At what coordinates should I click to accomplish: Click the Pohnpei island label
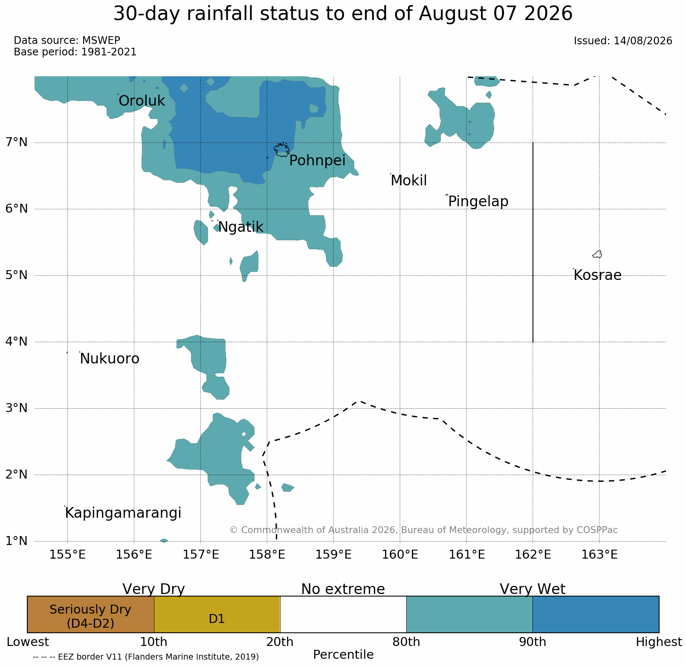(x=317, y=161)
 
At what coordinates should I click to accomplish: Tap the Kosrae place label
(x=597, y=275)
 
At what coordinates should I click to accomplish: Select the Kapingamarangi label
(x=123, y=513)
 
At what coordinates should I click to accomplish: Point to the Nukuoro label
(x=110, y=359)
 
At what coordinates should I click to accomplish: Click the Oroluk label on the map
(x=142, y=101)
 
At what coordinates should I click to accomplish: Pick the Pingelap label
(x=478, y=202)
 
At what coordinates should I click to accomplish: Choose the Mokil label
(x=408, y=181)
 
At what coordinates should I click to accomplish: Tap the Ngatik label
(x=240, y=228)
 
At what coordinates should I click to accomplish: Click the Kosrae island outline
(x=597, y=254)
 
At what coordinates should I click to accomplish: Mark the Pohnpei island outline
(x=281, y=150)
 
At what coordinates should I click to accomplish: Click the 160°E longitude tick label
(x=399, y=555)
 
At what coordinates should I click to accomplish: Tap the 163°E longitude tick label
(x=599, y=555)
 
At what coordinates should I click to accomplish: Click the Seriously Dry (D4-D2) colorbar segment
(x=90, y=614)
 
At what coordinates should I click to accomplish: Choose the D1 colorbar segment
(x=217, y=614)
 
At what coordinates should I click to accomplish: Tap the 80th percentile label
(x=406, y=642)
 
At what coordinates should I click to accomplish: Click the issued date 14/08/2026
(x=643, y=41)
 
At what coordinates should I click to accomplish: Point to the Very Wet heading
(x=533, y=589)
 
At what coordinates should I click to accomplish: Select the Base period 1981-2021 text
(x=75, y=52)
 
